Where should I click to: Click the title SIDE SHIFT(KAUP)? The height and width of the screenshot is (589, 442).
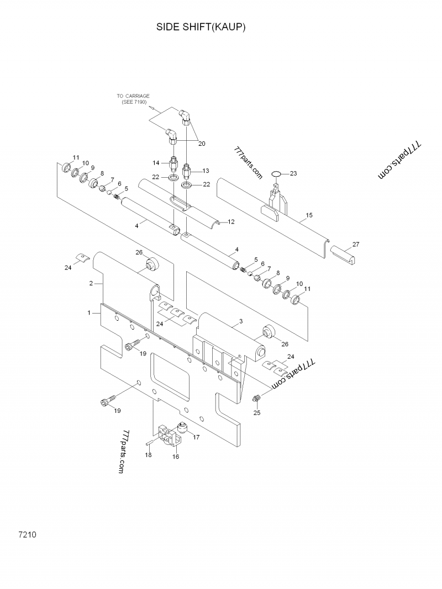201,27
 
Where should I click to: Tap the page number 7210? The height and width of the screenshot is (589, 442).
27,534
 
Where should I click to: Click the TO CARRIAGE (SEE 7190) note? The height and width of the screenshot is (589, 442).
133,99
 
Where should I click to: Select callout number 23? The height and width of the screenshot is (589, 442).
293,173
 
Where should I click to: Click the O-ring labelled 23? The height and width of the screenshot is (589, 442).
276,173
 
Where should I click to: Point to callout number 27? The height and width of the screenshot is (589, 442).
356,244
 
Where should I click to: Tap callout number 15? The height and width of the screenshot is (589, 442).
309,215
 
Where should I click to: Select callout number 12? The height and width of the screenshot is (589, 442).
231,221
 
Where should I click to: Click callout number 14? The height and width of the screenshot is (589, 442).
156,163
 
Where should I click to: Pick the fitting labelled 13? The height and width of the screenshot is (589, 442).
187,172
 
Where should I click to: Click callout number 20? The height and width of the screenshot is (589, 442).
202,144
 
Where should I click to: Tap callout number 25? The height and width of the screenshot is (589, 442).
257,413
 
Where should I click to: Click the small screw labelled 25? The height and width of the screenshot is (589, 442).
257,399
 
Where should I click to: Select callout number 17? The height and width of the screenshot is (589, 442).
196,437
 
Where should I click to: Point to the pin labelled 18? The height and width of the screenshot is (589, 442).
150,443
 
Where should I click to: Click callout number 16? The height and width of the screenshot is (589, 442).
176,457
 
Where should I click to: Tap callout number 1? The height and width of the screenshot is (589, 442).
89,312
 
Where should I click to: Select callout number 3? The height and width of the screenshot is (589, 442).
240,321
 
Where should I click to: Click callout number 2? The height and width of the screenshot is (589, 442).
91,283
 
